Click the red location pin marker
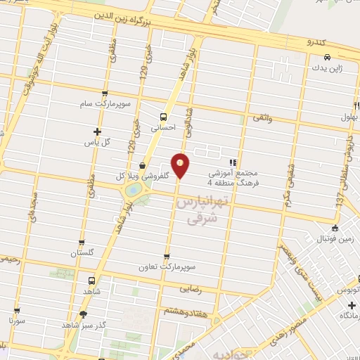click(x=181, y=165)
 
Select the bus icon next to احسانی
click(x=163, y=117)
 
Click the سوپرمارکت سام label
click(x=105, y=104)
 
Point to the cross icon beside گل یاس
click(x=97, y=131)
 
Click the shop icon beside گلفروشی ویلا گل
click(x=143, y=166)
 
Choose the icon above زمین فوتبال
click(x=335, y=227)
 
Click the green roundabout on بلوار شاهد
click(x=132, y=190)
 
